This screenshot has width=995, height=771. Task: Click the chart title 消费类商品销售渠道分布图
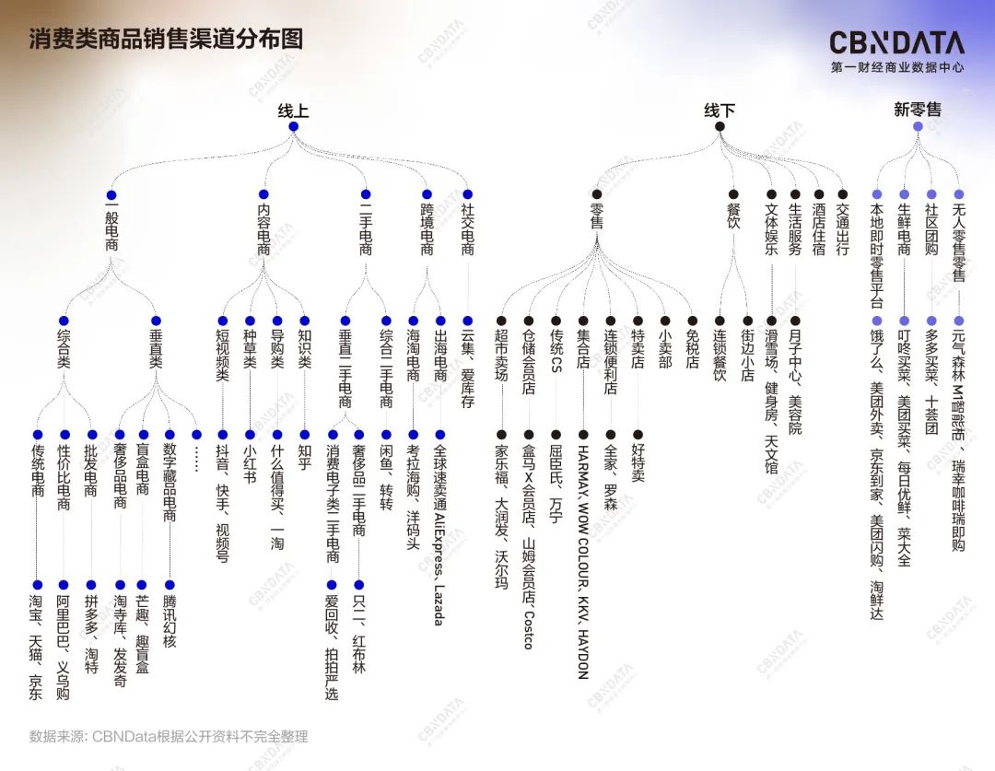166,40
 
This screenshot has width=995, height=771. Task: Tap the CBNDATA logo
896,42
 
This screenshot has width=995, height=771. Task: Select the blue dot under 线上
293,126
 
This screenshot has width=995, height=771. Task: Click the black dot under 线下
720,126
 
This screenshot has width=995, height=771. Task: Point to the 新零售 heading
918,110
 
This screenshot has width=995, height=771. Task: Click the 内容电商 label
264,231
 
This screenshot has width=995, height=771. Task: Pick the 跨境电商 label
427,231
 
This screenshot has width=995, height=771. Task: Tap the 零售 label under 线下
597,220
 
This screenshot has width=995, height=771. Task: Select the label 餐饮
733,220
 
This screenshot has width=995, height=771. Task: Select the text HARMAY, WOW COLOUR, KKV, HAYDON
582,562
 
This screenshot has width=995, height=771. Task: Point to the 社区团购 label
931,231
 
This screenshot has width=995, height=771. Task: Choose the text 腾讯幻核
170,614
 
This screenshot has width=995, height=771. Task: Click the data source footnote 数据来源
169,736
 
